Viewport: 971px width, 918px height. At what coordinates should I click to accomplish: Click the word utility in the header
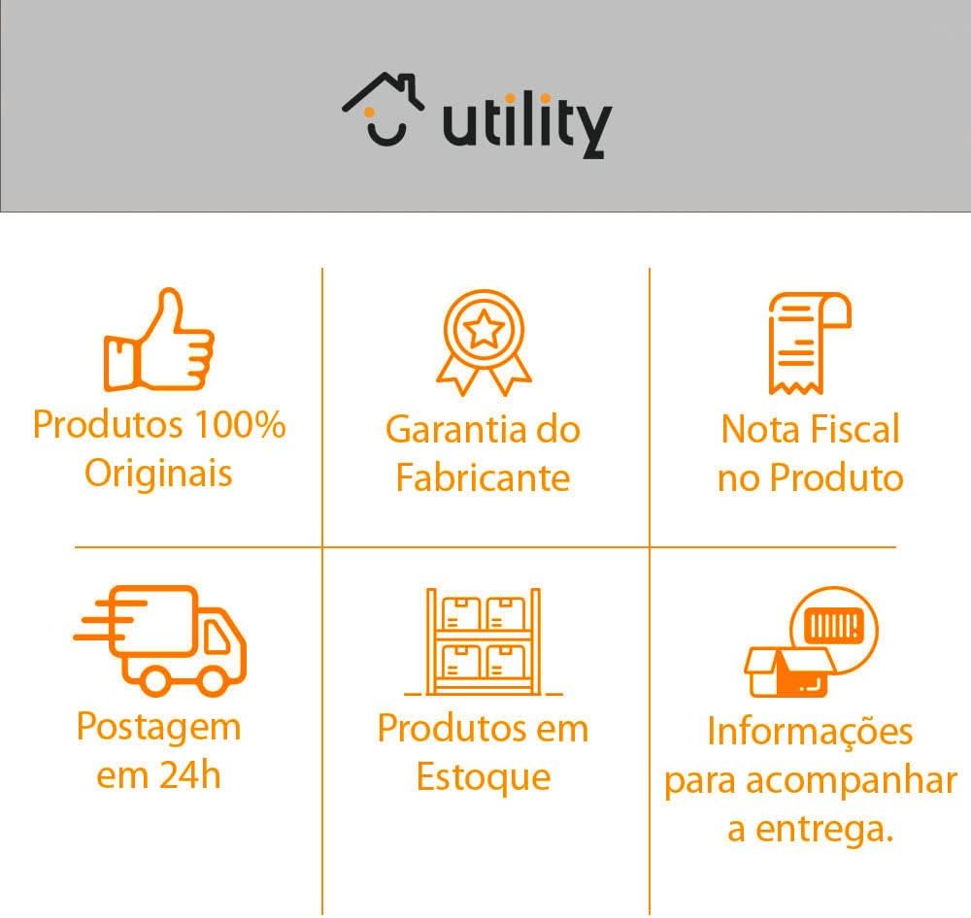(x=526, y=124)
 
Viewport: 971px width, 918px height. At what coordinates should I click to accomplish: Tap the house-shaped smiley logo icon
(x=383, y=110)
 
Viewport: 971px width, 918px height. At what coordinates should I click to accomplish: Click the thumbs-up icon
(x=158, y=340)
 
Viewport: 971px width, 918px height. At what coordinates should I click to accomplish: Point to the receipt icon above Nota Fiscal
(x=808, y=342)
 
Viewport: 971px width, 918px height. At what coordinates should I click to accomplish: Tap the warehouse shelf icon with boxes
(x=484, y=642)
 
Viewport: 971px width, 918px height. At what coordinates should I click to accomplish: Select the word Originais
(x=158, y=474)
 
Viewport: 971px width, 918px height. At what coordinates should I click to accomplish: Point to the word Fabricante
(x=483, y=477)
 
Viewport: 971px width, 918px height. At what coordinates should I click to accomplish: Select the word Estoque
(x=483, y=777)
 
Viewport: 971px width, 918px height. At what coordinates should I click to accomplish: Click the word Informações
(x=810, y=731)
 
